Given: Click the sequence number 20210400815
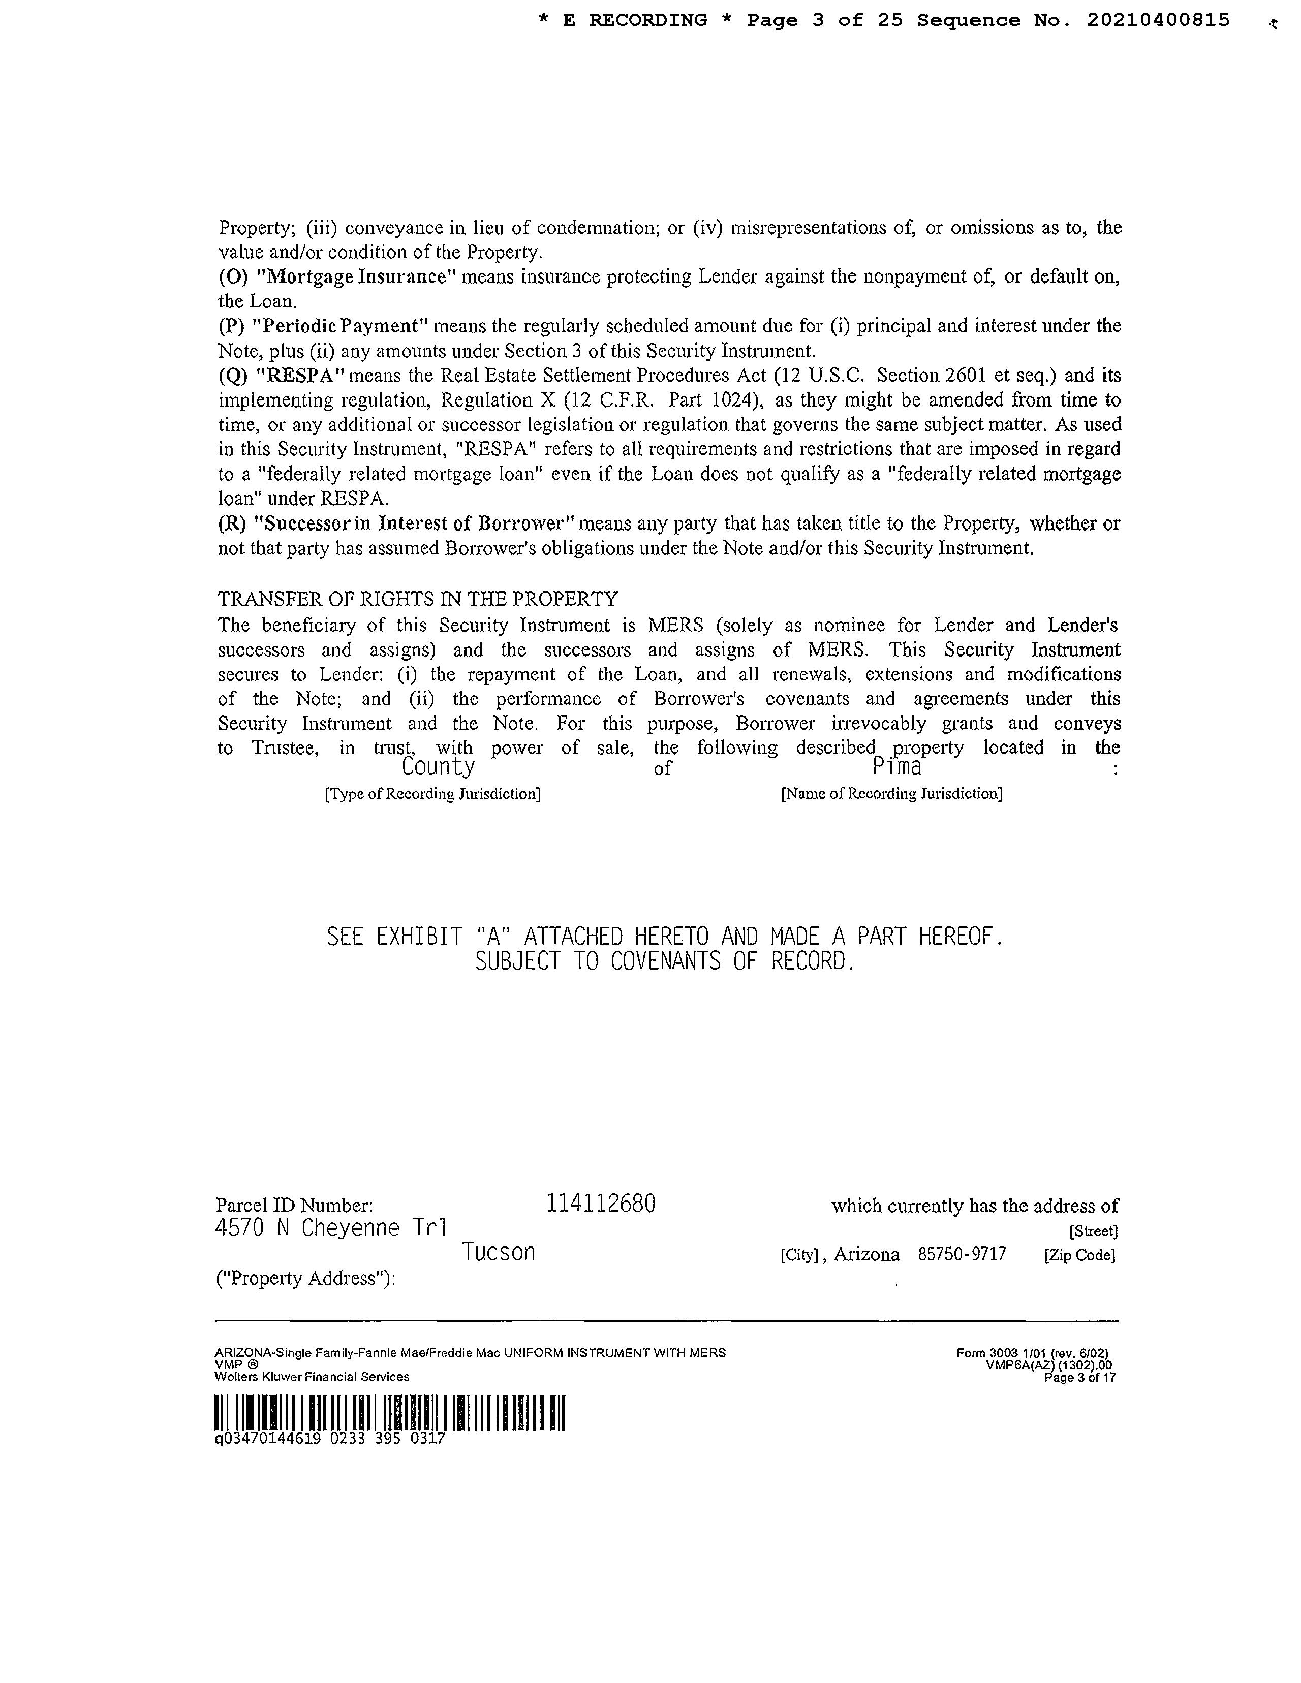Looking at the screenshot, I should point(1158,21).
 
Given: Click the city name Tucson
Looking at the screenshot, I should point(498,1252).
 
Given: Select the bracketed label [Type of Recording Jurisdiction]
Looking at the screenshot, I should point(432,794).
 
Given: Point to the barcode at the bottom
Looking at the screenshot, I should point(390,1413).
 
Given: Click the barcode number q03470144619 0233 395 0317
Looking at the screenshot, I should point(330,1438).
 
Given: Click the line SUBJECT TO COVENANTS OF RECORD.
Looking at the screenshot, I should point(664,962).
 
